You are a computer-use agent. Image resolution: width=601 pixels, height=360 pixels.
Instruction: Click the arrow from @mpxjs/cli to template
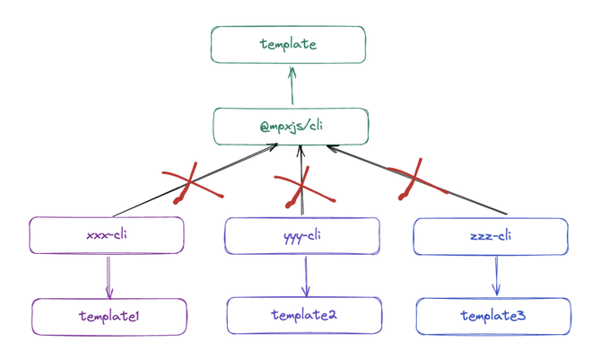(x=292, y=85)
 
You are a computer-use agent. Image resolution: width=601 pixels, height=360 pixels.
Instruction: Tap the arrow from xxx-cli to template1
(x=109, y=277)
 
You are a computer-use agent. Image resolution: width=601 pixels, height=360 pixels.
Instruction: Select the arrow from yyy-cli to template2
(x=306, y=277)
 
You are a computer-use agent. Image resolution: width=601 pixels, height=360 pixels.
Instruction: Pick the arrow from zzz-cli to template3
(x=497, y=276)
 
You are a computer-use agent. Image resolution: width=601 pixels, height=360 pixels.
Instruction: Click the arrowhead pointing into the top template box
(x=292, y=72)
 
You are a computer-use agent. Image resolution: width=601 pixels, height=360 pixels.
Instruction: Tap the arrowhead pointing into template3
(x=497, y=290)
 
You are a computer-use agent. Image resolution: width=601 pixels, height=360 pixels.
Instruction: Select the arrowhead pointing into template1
(x=109, y=294)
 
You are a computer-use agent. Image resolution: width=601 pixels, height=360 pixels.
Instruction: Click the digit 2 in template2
(x=332, y=315)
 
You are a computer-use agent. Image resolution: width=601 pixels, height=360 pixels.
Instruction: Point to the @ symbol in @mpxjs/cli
(x=266, y=127)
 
